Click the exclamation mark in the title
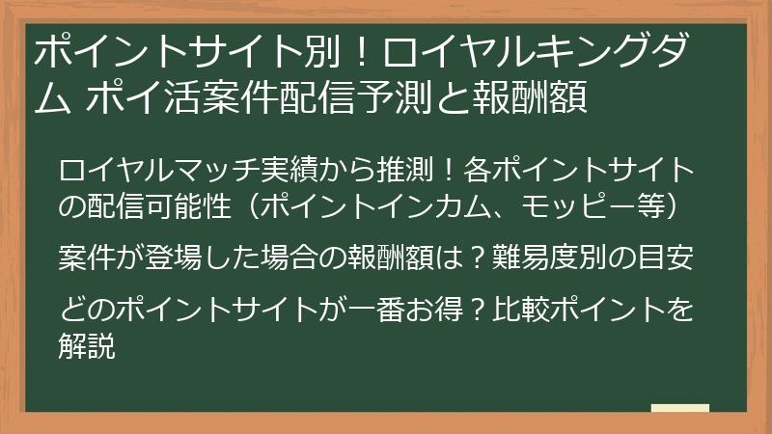pos(362,51)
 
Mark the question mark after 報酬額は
pos(476,257)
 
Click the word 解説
pos(87,345)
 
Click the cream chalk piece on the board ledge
pos(680,408)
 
